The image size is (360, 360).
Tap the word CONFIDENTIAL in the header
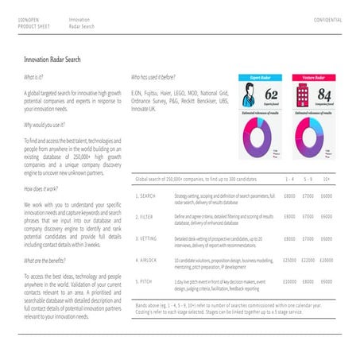(327, 19)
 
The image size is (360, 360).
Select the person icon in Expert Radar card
(246, 99)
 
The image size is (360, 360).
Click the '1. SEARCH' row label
(146, 195)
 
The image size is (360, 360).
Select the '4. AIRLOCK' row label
(147, 260)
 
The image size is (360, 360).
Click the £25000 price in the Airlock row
(290, 260)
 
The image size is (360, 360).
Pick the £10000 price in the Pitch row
(290, 281)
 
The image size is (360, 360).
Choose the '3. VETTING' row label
(147, 238)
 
